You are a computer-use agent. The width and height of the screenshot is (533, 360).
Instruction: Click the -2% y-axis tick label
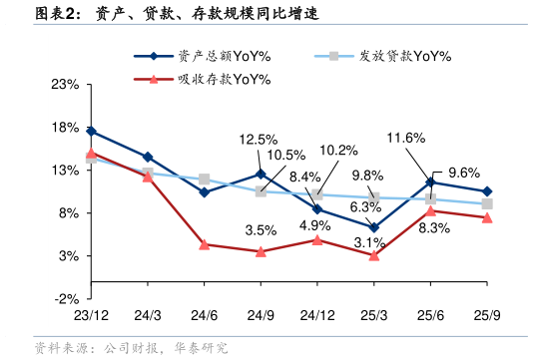pos(66,299)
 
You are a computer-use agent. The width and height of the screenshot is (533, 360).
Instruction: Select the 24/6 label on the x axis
pos(204,315)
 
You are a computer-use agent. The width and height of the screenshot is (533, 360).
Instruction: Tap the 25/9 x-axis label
pos(487,315)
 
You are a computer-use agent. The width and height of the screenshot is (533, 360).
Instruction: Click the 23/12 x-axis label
pos(91,315)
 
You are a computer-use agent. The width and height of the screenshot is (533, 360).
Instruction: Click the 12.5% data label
pos(259,139)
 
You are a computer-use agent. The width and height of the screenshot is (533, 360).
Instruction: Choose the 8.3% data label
pos(434,228)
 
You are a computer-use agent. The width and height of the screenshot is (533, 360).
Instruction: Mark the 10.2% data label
pos(338,151)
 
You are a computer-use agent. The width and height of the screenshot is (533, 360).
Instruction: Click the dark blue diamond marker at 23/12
pos(91,131)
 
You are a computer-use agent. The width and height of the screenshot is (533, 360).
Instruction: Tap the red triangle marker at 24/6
pos(204,244)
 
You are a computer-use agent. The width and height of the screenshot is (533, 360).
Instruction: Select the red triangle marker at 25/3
pos(373,255)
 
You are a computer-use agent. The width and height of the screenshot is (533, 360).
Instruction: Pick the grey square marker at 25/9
pos(487,203)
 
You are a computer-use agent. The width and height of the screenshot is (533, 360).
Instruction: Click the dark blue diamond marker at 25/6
pos(430,182)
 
